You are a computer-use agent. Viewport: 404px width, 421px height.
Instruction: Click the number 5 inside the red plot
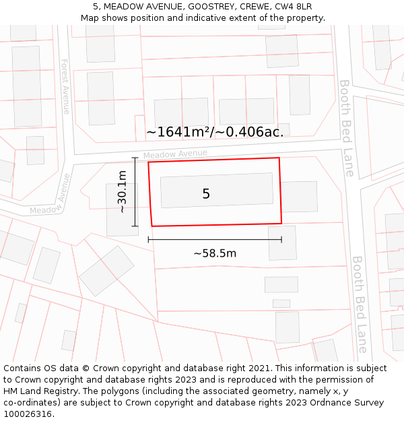point(206,194)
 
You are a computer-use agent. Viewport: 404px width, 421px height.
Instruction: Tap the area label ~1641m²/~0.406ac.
point(215,132)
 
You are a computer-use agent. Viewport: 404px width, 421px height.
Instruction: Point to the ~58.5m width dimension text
point(215,253)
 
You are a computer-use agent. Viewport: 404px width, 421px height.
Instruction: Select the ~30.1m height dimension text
point(122,192)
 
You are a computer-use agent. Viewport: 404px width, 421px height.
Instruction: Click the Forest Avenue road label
point(65,86)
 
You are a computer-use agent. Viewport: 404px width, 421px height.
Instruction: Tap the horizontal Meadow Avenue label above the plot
point(175,154)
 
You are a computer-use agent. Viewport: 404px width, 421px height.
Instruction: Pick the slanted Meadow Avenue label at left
point(50,195)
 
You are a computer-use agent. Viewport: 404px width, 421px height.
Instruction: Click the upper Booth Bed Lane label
point(345,128)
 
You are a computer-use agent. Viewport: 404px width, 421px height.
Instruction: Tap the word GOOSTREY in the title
point(211,7)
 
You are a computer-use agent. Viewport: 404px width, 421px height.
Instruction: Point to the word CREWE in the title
point(255,7)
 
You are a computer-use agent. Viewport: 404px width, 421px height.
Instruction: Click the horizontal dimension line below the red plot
point(215,239)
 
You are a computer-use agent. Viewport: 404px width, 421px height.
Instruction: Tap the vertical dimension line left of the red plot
point(135,192)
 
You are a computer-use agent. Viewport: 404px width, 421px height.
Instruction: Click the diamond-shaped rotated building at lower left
point(106,271)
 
